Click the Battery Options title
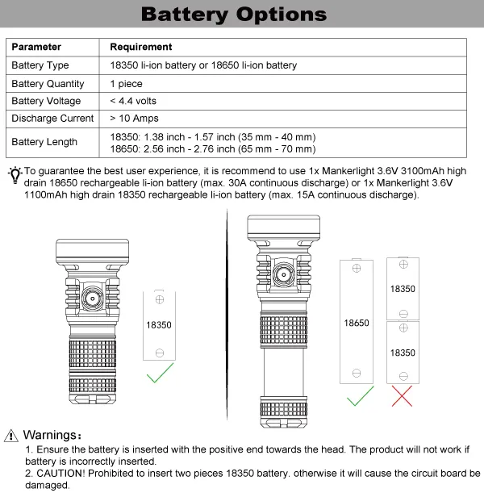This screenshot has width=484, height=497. [x=234, y=15]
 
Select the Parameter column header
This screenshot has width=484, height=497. [x=36, y=48]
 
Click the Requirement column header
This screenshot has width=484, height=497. [x=140, y=48]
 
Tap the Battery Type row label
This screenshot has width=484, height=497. [x=40, y=65]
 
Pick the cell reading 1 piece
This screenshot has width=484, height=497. [x=126, y=84]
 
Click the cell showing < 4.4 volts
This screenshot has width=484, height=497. [x=133, y=102]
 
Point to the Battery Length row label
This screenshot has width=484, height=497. [x=44, y=142]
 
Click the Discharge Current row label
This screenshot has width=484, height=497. [x=52, y=119]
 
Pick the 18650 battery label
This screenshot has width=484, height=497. [x=356, y=323]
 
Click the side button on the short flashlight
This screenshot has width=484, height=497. [x=91, y=299]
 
